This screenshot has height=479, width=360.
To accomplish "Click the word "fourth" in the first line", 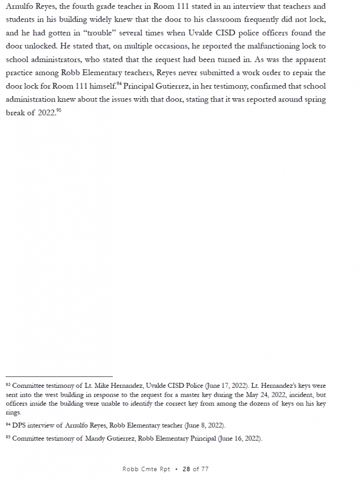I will [72, 7].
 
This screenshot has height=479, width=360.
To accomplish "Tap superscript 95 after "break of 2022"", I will [58, 111].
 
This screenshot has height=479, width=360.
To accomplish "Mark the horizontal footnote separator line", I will [59, 376].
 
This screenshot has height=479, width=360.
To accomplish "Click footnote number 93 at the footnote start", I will [8, 385].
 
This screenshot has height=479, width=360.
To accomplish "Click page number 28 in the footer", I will [187, 469].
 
